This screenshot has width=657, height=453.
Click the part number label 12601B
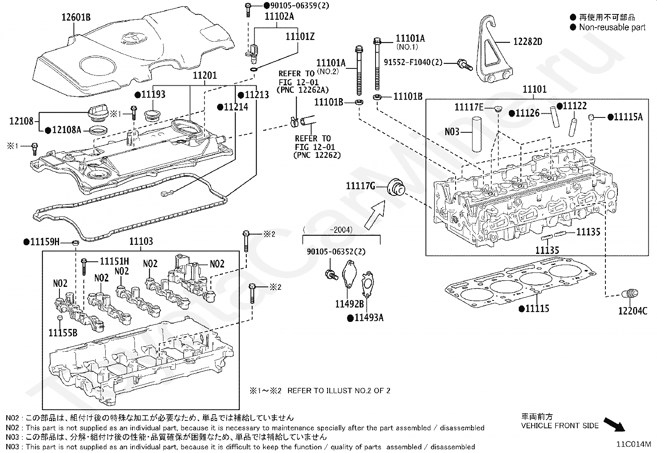click(x=76, y=17)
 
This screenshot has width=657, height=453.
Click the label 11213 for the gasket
click(x=257, y=95)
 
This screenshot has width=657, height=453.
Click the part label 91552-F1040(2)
click(x=413, y=62)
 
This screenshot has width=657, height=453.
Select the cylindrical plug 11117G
click(x=396, y=188)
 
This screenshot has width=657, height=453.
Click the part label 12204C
click(x=633, y=311)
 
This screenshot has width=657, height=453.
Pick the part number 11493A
click(x=369, y=318)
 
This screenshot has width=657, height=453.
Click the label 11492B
click(x=349, y=304)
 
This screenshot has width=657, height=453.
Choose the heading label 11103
click(x=141, y=242)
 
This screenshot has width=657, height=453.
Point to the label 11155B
click(x=63, y=332)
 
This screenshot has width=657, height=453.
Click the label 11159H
click(x=45, y=242)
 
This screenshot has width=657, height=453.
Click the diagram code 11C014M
click(x=633, y=444)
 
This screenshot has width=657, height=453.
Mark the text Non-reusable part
click(x=612, y=27)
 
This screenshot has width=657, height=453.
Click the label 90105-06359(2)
click(x=296, y=5)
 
